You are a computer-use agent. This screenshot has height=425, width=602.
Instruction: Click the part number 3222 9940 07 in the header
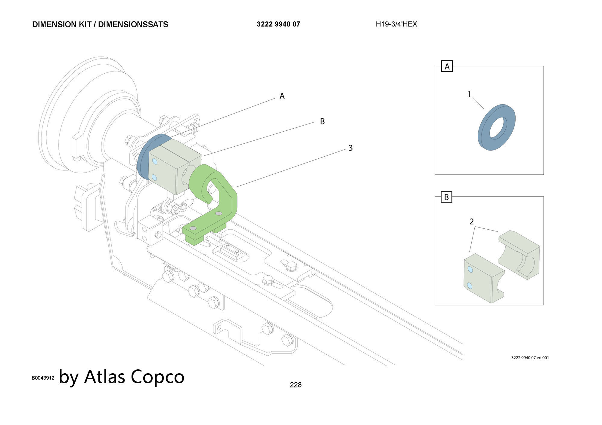coord(278,24)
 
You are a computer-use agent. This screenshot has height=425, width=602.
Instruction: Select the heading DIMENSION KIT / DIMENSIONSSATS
coord(100,25)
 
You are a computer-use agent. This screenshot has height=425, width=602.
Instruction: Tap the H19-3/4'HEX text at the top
coord(396,24)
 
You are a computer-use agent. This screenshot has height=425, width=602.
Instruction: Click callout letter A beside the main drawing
coord(282,96)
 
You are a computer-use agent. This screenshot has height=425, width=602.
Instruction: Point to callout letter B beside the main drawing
coord(322,121)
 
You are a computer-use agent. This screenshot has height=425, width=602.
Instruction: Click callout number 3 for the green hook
coord(350,148)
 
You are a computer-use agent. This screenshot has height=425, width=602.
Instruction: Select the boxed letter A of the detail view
coord(447,66)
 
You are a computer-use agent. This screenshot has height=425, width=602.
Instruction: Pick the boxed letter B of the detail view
coord(447,197)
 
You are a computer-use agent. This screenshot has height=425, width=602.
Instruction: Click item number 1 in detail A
coord(469,94)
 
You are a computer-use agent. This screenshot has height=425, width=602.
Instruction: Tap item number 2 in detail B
coord(472,222)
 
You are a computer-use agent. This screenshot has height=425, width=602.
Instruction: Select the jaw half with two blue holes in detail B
coord(483,278)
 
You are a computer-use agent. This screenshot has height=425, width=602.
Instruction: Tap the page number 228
coord(296,385)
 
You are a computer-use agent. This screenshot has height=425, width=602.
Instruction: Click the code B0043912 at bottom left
coord(43,378)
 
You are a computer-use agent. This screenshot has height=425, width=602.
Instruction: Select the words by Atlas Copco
coord(122,377)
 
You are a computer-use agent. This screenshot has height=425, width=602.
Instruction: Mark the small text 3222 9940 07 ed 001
coord(530,358)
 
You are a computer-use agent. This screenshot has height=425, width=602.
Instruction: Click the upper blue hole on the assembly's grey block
coord(155,161)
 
